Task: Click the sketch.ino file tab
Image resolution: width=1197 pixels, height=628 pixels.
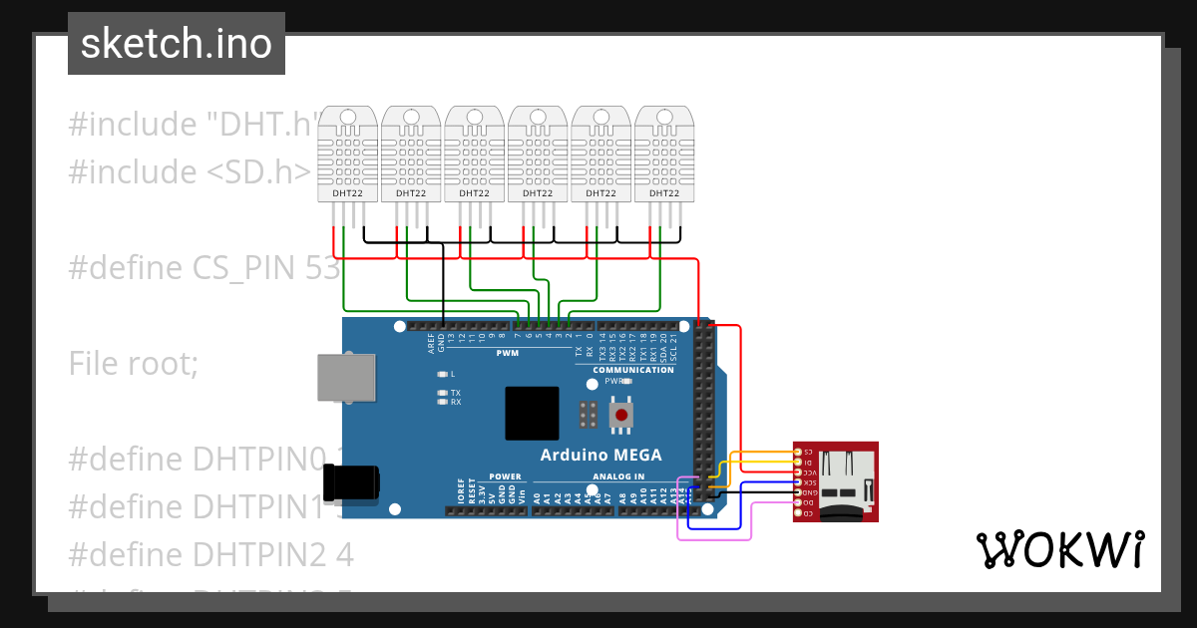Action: click(177, 44)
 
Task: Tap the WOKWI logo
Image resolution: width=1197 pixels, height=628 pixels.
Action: click(1059, 550)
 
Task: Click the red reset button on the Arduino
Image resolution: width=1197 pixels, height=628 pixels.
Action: click(621, 414)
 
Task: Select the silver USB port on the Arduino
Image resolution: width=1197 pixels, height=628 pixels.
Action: click(347, 379)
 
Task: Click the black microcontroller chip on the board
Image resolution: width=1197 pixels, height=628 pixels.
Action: click(532, 413)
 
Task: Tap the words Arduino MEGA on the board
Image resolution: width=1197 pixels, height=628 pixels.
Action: click(600, 456)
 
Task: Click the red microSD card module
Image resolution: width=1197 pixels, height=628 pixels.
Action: click(835, 481)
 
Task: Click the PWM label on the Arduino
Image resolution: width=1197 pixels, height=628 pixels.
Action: click(507, 353)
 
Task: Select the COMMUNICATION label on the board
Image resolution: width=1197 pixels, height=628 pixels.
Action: click(633, 370)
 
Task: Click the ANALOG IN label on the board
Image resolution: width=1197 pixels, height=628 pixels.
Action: click(617, 476)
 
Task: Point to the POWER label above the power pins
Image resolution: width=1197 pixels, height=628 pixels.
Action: click(506, 476)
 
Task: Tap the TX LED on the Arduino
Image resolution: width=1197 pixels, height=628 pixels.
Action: click(443, 393)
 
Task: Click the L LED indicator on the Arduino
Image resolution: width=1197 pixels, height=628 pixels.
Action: click(443, 374)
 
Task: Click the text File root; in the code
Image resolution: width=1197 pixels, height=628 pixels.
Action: click(134, 364)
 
